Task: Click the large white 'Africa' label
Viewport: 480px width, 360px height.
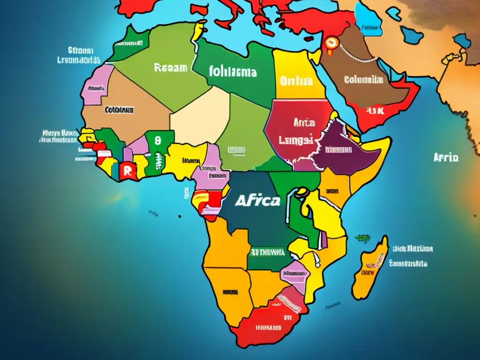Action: pyautogui.click(x=257, y=201)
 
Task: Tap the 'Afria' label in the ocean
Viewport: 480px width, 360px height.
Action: pyautogui.click(x=446, y=158)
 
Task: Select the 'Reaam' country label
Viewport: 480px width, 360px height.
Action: pyautogui.click(x=170, y=68)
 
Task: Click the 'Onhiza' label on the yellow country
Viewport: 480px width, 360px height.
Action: pyautogui.click(x=296, y=81)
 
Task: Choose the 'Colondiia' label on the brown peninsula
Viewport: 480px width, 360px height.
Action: pyautogui.click(x=364, y=80)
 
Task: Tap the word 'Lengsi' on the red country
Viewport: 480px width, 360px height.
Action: pyautogui.click(x=297, y=139)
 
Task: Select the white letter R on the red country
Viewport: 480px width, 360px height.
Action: pyautogui.click(x=126, y=170)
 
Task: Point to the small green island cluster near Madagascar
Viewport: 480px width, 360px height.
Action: pyautogui.click(x=362, y=238)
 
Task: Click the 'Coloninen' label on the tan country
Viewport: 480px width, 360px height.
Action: pyautogui.click(x=119, y=110)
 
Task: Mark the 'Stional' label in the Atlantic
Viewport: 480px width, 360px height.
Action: pyautogui.click(x=81, y=50)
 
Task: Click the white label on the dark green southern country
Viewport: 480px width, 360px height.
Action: pyautogui.click(x=268, y=252)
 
